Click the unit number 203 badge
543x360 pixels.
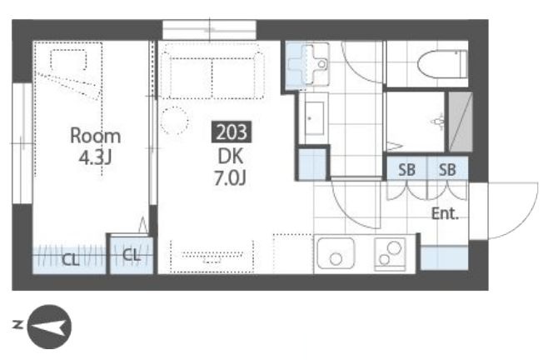click(232, 132)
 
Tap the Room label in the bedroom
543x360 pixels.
click(96, 136)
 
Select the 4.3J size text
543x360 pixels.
click(95, 157)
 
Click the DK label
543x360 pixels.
click(231, 157)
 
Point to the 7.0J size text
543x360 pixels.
click(231, 178)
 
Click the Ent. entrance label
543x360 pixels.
click(445, 213)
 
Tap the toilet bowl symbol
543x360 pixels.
click(442, 64)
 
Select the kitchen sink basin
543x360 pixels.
click(336, 253)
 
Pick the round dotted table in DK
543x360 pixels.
click(175, 121)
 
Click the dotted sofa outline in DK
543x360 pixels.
click(212, 72)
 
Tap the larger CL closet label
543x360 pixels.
click(71, 259)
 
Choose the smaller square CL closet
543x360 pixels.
click(132, 255)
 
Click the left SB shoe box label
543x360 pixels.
click(406, 170)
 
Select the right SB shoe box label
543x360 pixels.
click(447, 170)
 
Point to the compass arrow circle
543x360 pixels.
click(49, 327)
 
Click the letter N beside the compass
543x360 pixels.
click(17, 325)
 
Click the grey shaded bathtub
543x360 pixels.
click(461, 122)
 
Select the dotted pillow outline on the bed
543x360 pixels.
click(68, 60)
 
